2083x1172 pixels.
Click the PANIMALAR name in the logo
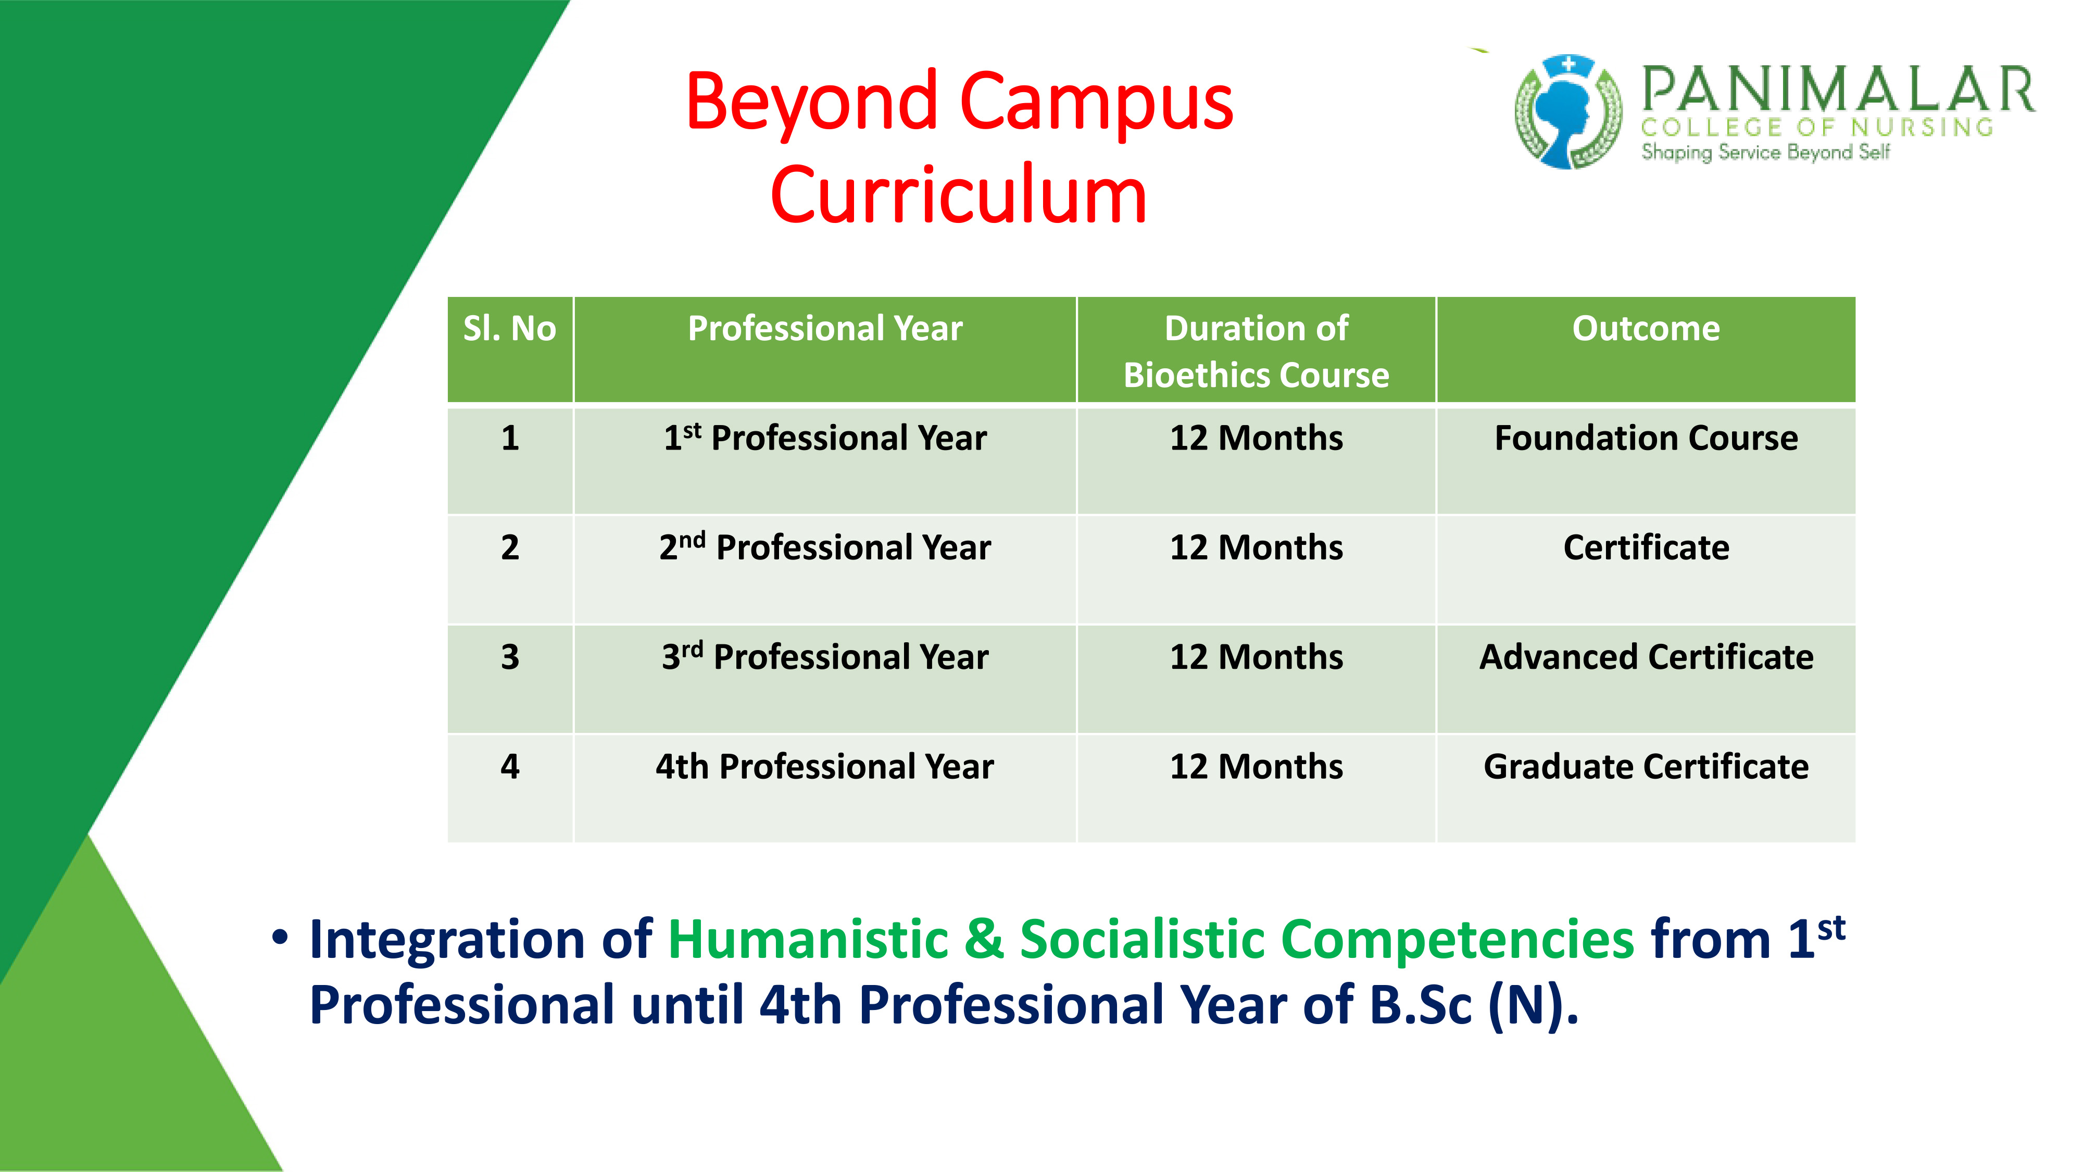[1837, 89]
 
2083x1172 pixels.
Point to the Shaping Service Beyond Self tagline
[1765, 152]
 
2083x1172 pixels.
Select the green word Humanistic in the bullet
[808, 939]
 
